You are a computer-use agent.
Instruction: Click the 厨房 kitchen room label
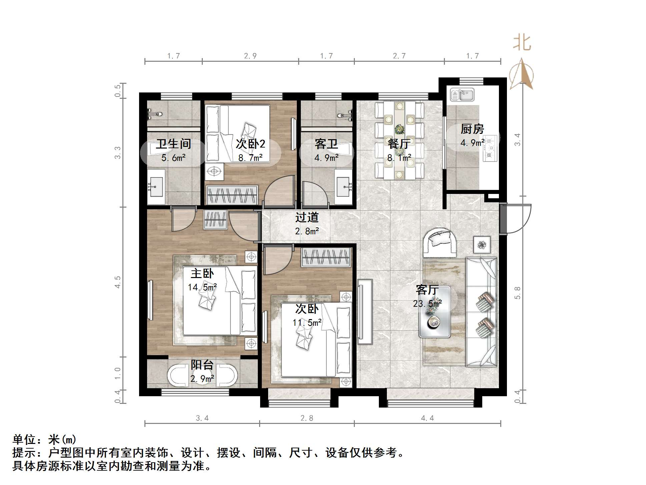tap(472, 129)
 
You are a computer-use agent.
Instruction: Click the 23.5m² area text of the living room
tap(427, 304)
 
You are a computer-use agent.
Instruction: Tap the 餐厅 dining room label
tap(399, 144)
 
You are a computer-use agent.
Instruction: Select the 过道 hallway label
tap(306, 217)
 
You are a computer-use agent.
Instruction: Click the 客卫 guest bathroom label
tap(326, 144)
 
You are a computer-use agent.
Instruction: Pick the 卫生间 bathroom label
tap(173, 144)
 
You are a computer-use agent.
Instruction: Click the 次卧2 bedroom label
tap(250, 144)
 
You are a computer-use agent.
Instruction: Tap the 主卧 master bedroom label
tap(202, 273)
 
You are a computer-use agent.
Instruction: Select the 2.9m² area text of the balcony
tap(202, 379)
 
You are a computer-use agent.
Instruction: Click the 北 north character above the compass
tap(522, 43)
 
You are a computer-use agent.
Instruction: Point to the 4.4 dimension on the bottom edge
tap(427, 418)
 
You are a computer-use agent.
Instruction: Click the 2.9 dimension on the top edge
tap(250, 56)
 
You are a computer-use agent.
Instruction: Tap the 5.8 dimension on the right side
tap(517, 293)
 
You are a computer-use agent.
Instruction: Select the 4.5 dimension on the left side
tap(117, 282)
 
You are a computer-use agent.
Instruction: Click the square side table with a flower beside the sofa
tap(482, 245)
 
